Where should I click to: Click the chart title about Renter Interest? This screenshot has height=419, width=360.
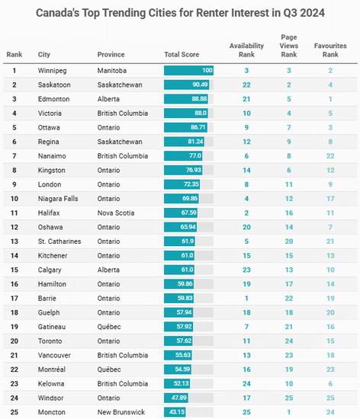[180, 13]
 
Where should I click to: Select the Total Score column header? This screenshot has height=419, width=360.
[182, 55]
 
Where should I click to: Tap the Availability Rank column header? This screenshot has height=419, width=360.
[246, 50]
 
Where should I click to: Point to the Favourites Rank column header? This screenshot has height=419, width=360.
[330, 50]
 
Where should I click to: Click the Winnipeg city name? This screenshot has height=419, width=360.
[52, 71]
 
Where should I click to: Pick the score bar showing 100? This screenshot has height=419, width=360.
[188, 71]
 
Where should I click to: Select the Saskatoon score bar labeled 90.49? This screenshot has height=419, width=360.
[186, 85]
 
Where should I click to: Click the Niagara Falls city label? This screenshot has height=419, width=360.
[58, 199]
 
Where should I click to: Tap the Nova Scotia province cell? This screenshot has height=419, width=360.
[116, 213]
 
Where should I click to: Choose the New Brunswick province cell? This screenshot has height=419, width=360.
[121, 412]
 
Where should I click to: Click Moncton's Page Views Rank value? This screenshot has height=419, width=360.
[289, 412]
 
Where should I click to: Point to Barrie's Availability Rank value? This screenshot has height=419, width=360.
[246, 298]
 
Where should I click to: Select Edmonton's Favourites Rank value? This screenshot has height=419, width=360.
[330, 99]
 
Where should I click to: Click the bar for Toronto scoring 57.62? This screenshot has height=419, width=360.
[178, 341]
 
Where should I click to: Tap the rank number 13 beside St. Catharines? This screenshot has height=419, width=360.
[14, 241]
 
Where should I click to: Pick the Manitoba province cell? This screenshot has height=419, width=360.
[112, 71]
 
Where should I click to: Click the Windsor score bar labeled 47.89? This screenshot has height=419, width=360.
[176, 398]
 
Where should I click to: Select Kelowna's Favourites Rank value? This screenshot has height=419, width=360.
[330, 384]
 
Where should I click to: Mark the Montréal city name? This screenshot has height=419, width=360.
[52, 369]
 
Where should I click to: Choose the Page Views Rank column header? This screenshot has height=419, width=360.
[289, 46]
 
